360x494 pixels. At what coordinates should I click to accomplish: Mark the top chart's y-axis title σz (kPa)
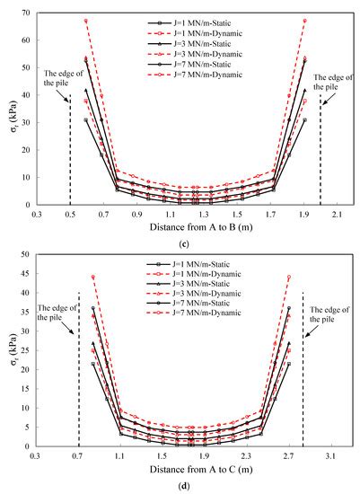click(11, 109)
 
